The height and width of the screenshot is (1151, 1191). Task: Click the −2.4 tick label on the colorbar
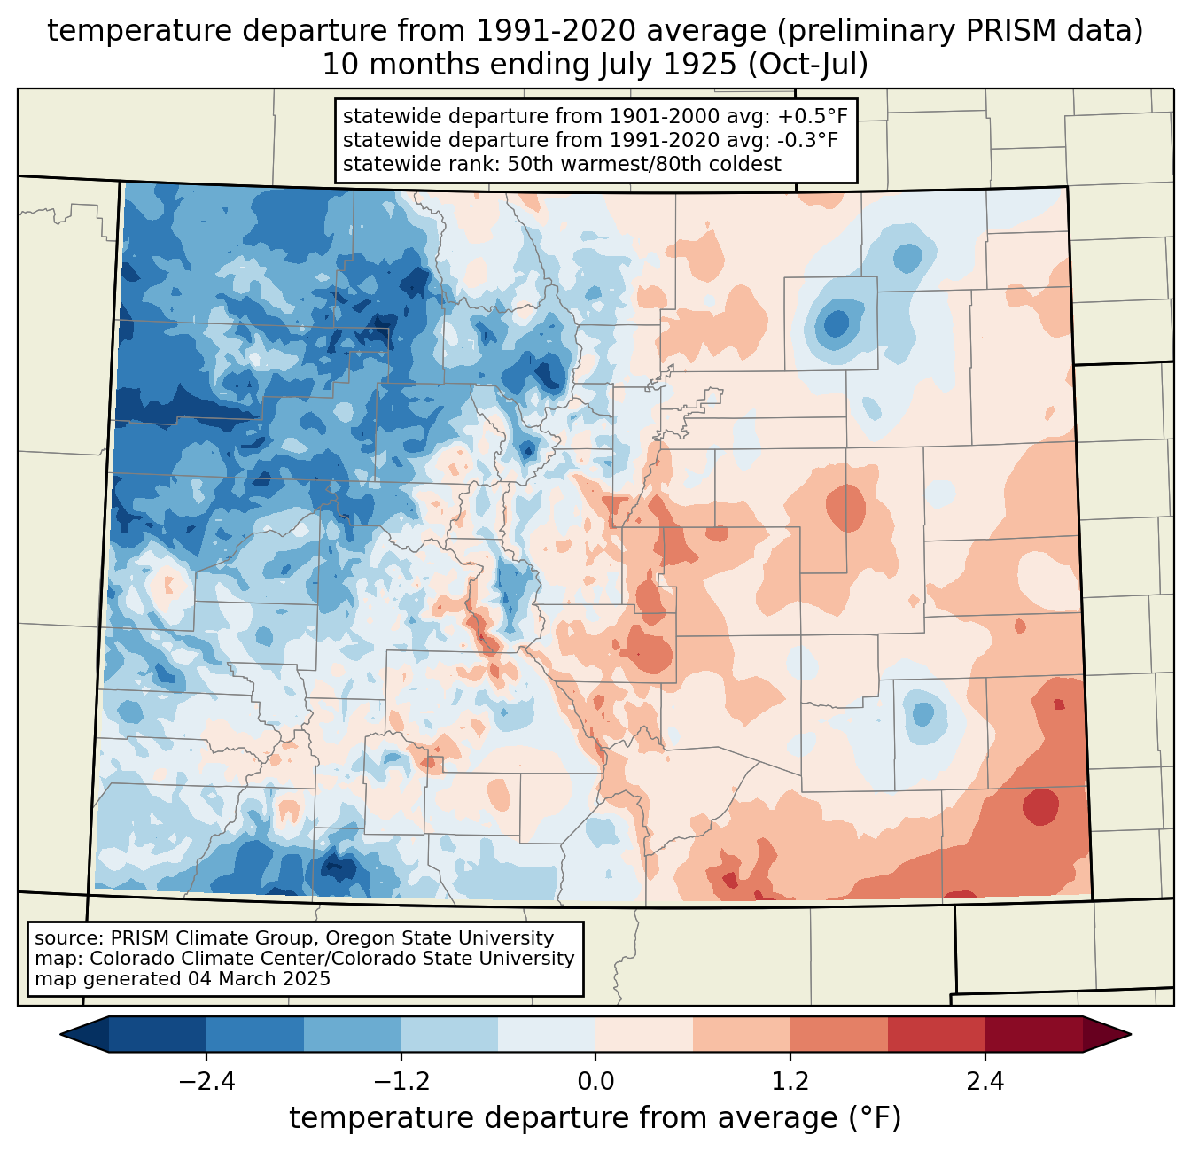coord(206,1082)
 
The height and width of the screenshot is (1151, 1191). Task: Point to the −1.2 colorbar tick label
coord(401,1082)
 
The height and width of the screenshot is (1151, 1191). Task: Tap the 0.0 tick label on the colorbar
coord(595,1082)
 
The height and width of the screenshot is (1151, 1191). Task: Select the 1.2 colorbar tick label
coord(790,1082)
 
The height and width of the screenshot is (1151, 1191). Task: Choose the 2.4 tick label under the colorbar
coord(985,1082)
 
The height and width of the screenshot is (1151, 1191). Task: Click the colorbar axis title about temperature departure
coord(595,1118)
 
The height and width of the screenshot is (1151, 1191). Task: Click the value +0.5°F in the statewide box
coord(812,116)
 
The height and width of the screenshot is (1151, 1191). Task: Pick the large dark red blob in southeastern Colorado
coord(1040,806)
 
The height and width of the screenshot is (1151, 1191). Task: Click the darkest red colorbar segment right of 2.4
coord(1033,1034)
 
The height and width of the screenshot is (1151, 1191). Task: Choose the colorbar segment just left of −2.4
coord(158,1034)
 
